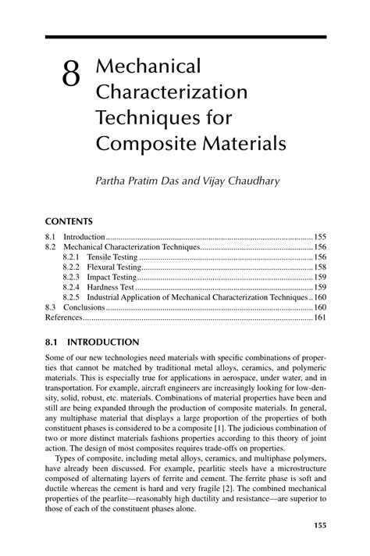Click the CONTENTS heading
coord(69,221)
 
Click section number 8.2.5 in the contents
coord(72,297)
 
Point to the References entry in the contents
coord(63,317)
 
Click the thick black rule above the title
coord(185,37)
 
